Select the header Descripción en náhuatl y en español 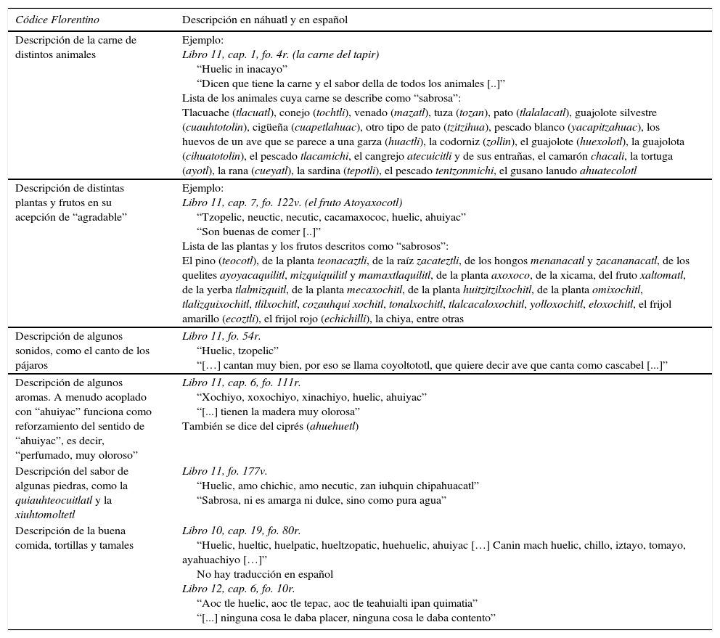[265, 20]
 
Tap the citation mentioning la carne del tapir [280, 54]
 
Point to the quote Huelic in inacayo [242, 69]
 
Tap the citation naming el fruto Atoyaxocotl [292, 203]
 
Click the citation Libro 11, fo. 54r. [221, 336]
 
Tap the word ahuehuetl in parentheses [333, 426]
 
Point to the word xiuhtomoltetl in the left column [45, 515]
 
